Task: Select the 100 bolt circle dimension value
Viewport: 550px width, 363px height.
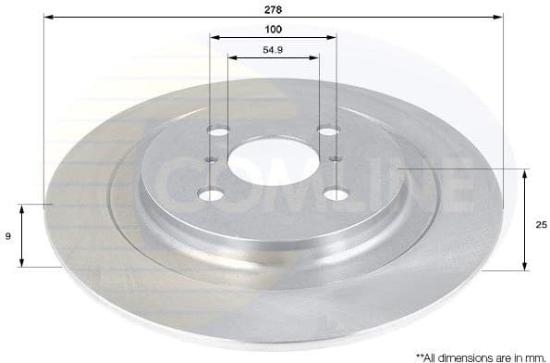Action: pyautogui.click(x=273, y=29)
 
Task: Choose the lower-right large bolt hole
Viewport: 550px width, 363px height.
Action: pyautogui.click(x=332, y=194)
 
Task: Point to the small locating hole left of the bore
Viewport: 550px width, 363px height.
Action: pyautogui.click(x=211, y=160)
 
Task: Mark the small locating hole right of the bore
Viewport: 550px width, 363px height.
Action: pyautogui.click(x=335, y=160)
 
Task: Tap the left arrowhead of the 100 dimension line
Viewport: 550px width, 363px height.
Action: pyautogui.click(x=214, y=38)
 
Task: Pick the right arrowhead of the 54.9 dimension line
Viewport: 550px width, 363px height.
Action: pyautogui.click(x=316, y=57)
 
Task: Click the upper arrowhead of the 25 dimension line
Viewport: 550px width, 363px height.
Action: pyautogui.click(x=525, y=173)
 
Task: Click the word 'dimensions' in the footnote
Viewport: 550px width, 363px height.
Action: pyautogui.click(x=467, y=356)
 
